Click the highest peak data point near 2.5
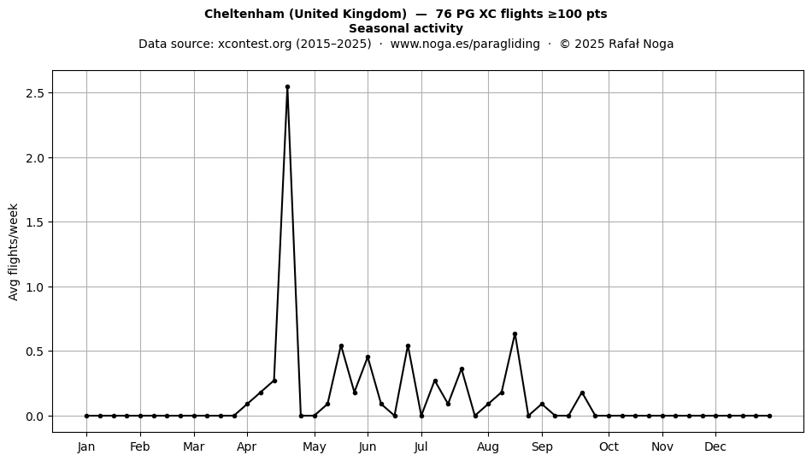point(287,87)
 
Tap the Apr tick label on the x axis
point(246,446)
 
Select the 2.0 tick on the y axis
point(35,157)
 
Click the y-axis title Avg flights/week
point(14,251)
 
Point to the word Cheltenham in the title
point(244,14)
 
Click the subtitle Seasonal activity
point(405,28)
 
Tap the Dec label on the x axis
point(715,446)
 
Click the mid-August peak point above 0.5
point(515,334)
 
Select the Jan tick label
point(86,446)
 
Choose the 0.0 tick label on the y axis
point(35,417)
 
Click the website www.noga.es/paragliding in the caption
point(465,44)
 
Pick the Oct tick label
point(609,446)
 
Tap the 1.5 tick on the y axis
point(35,222)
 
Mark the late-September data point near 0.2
point(582,393)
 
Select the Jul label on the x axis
point(421,446)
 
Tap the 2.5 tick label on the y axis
point(35,93)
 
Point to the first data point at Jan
point(86,416)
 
